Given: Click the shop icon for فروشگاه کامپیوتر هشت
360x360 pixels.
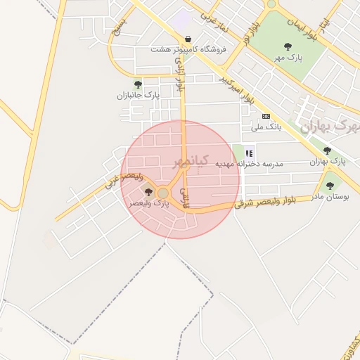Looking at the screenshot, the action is [x=187, y=39].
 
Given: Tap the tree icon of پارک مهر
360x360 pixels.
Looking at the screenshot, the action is [x=288, y=46].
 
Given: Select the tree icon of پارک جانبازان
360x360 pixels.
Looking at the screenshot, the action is [x=138, y=84].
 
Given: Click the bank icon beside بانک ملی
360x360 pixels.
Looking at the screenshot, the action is [x=266, y=116].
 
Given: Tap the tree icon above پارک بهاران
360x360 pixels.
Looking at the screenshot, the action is [x=327, y=150].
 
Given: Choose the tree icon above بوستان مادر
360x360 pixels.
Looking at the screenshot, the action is [x=330, y=186].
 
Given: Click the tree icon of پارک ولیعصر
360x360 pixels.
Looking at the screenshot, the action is [x=148, y=191].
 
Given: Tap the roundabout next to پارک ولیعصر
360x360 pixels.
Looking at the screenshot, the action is [x=163, y=193].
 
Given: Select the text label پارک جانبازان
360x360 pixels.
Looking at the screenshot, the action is [x=139, y=95].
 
